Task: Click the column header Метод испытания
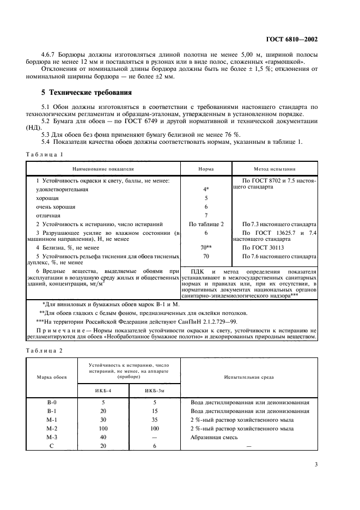(274, 169)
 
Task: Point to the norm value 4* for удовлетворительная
(206, 189)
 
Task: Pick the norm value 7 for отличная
(206, 215)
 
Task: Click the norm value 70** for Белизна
(206, 247)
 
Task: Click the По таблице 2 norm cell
(206, 224)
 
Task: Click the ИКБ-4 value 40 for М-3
(102, 437)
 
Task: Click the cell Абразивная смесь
(214, 437)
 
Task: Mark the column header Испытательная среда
(248, 377)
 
